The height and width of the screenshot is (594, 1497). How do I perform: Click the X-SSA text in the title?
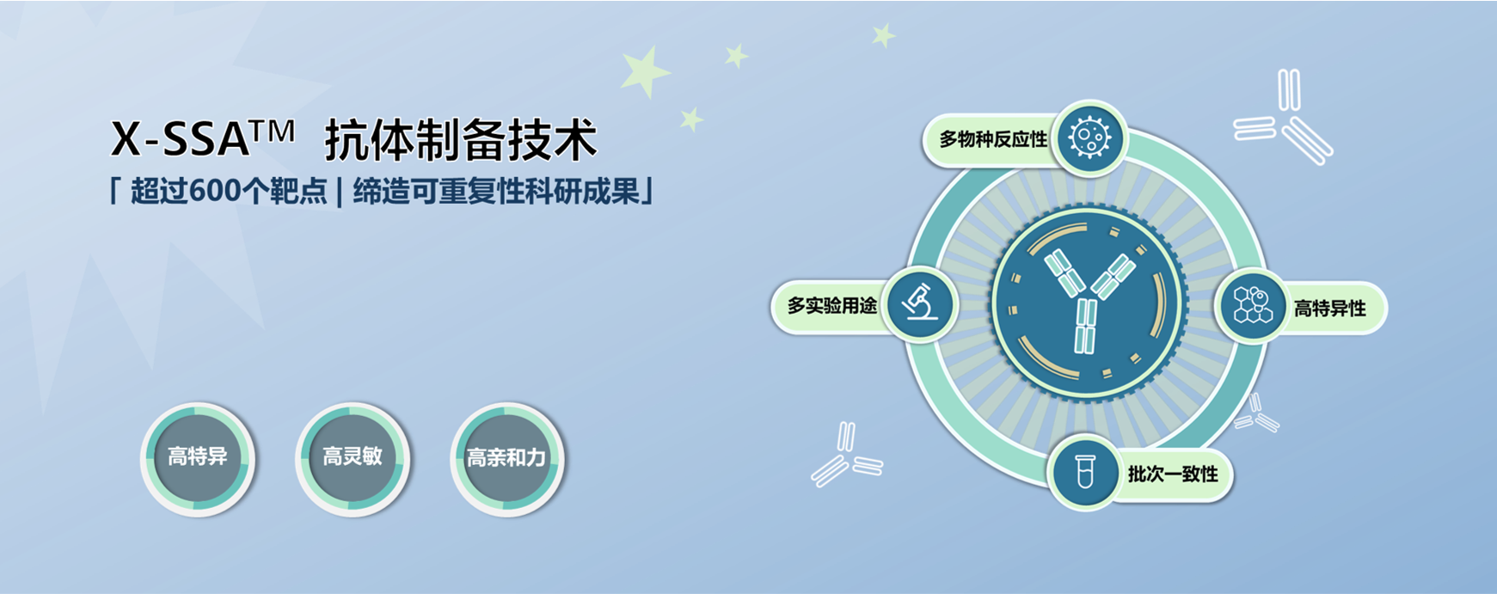point(180,138)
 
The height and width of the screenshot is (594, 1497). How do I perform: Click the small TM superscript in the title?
point(273,132)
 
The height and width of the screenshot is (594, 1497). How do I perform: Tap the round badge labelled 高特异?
point(198,459)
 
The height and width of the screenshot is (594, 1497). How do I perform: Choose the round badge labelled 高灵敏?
point(353,459)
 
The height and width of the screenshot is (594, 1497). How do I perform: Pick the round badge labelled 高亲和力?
point(507,459)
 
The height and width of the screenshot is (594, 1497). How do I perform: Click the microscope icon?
point(921,304)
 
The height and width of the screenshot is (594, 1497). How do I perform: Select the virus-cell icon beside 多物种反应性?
point(1089,138)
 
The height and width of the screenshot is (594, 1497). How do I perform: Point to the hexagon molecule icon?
point(1251,305)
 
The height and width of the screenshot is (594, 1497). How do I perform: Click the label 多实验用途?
point(832,305)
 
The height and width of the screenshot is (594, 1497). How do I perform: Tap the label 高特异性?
point(1329,308)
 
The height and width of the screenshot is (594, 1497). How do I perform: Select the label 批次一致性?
point(1173,474)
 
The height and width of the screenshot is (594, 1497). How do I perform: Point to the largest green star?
point(645,71)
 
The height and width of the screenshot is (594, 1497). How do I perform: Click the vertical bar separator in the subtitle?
point(340,192)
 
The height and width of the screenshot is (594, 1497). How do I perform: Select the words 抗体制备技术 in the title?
point(460,140)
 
